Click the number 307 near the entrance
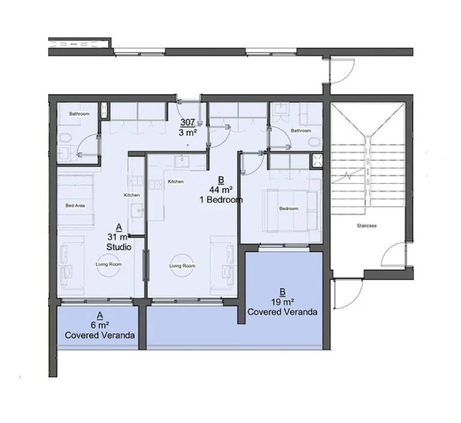point(187,122)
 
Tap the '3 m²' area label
point(187,132)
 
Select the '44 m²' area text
point(221,190)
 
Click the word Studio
point(118,247)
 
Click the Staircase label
point(366,226)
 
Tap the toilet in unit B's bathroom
point(313,142)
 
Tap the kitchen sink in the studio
point(137,211)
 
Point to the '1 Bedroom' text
point(221,200)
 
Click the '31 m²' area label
point(118,237)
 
